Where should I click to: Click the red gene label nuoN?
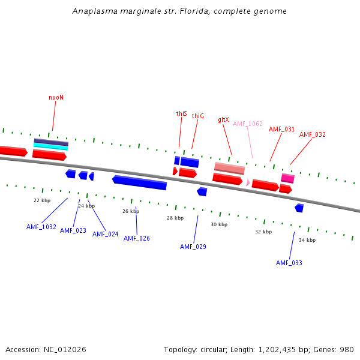pos(56,97)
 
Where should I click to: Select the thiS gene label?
pos(181,113)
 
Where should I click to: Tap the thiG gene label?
pos(198,116)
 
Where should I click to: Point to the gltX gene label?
pos(223,119)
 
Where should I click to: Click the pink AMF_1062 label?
pos(248,124)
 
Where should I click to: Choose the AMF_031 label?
pos(281,129)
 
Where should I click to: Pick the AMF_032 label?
pos(312,134)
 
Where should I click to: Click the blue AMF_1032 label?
pos(41,227)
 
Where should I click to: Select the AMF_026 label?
pos(137,238)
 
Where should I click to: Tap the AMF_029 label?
pos(193,247)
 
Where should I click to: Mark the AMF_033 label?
pos(289,263)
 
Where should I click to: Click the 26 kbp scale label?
pos(131,211)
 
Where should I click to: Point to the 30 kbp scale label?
pos(219,224)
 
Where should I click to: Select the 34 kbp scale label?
pos(307,240)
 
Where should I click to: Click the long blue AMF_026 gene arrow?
pos(139,182)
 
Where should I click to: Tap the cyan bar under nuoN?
pos(50,146)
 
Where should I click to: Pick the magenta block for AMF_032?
pos(287,178)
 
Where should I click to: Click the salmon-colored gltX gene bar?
pos(229,168)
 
